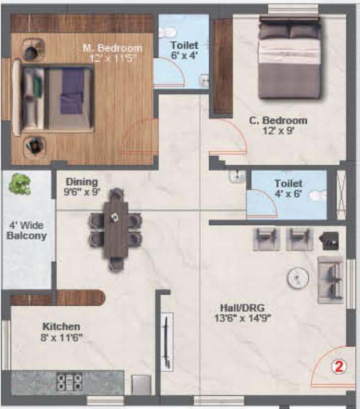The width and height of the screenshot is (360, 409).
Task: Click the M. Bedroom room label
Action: point(113,48)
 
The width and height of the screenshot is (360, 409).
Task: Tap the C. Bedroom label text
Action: point(278,121)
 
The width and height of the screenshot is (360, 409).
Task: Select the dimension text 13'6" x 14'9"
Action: point(243,318)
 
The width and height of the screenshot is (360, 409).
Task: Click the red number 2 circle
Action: point(339,367)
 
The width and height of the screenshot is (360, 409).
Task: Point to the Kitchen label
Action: point(61,326)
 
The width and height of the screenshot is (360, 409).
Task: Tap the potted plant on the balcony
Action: point(20,184)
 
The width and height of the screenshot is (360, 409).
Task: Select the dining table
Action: point(116,230)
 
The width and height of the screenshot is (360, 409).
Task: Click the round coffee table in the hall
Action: point(298,277)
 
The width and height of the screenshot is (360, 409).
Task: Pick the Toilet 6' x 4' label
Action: point(184,50)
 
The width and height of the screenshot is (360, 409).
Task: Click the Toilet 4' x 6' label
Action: point(288,189)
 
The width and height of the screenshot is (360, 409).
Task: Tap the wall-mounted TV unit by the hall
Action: point(167,342)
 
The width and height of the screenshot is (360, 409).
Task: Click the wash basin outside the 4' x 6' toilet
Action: point(237,176)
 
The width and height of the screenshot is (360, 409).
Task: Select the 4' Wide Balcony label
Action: point(27,230)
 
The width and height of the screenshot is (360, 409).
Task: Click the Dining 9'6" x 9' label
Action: point(82,187)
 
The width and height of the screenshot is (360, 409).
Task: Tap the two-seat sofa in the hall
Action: point(330,280)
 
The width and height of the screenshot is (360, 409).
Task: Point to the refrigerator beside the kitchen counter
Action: point(141,385)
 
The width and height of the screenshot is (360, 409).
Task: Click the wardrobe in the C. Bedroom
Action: point(223,67)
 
